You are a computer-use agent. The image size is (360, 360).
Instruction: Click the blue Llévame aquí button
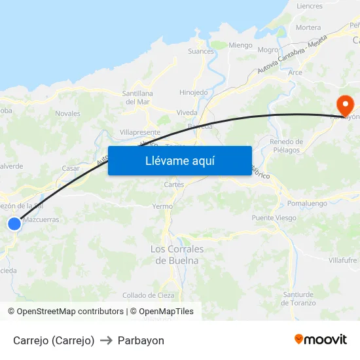pos(179,160)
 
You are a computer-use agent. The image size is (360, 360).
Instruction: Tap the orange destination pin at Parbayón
pos(344,105)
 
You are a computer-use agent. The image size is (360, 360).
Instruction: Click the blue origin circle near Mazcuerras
pos(14,224)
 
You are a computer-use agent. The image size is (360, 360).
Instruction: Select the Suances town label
pos(201,51)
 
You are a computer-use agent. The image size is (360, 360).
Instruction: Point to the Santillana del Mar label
pos(137,98)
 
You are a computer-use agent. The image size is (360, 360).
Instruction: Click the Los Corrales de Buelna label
pos(177,255)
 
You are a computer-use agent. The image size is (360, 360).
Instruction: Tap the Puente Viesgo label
pos(274,218)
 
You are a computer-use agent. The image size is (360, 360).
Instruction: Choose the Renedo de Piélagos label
pos(286,146)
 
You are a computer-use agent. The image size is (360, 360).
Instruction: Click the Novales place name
pos(68,113)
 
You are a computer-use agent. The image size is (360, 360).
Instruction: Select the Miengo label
pos(240,45)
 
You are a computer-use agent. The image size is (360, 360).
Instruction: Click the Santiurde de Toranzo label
pos(298,298)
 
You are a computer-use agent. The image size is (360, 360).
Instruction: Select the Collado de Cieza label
pos(148,295)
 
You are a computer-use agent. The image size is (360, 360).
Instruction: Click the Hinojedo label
pos(194,93)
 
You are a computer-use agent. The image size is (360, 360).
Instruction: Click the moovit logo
pos(321,340)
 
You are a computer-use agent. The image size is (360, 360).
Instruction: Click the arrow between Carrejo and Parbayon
pos(106,340)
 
